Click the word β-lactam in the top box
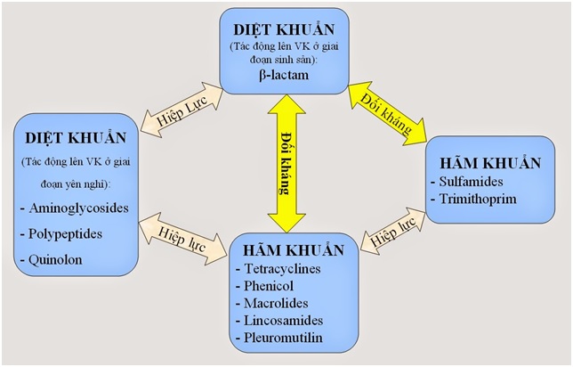(284, 76)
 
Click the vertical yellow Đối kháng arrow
(286, 164)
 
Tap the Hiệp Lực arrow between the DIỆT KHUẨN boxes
(182, 110)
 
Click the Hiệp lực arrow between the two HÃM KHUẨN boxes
(392, 232)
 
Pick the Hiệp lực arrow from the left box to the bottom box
(182, 239)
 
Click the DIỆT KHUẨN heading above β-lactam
(284, 29)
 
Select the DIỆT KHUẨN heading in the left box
(76, 138)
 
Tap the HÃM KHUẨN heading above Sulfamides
(490, 163)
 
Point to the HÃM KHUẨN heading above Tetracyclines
(294, 250)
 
